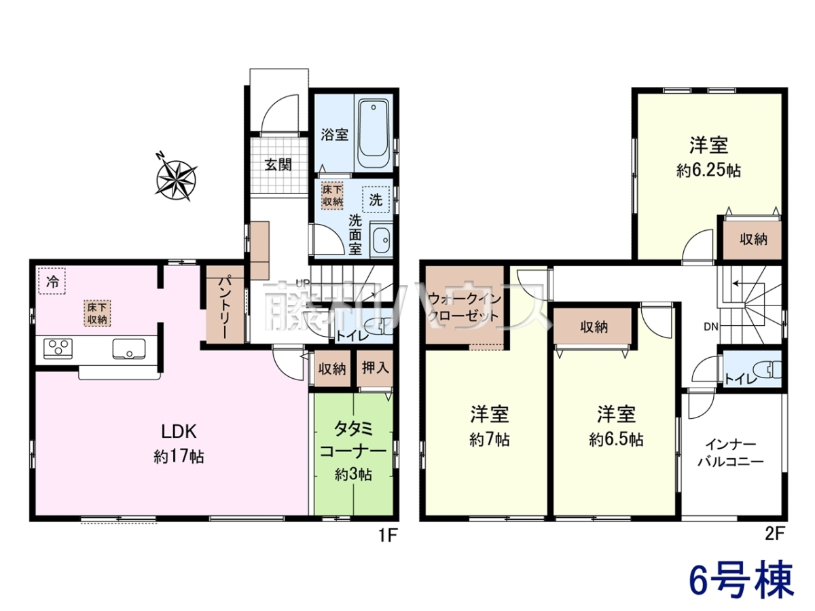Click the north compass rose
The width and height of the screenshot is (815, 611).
[x=177, y=180]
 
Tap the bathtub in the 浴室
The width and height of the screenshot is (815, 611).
[x=373, y=135]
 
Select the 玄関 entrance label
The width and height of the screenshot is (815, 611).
[x=278, y=164]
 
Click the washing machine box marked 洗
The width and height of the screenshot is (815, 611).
[x=376, y=200]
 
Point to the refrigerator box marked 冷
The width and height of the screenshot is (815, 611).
[x=52, y=282]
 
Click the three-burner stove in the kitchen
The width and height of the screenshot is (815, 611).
[x=58, y=349]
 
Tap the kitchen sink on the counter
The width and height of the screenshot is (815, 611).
[x=129, y=349]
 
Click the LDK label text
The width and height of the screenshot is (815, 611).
[x=179, y=432]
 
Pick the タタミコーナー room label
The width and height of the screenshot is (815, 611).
[x=353, y=440]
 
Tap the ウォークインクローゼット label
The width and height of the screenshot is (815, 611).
[x=465, y=308]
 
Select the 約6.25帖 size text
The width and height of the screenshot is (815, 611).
[x=708, y=171]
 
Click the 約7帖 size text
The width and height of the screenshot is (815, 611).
[x=490, y=441]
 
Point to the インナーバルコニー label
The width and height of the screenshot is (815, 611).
[x=730, y=453]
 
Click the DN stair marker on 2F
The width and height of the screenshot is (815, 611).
[x=711, y=327]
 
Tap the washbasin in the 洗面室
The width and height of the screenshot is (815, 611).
[x=381, y=240]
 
